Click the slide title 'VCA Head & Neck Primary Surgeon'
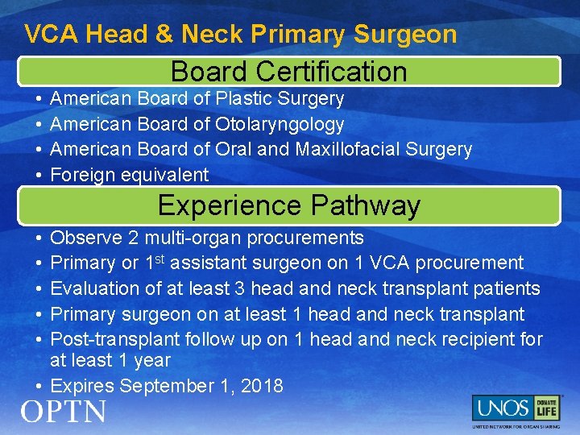click(x=241, y=34)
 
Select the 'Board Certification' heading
click(x=289, y=72)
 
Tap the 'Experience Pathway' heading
click(x=289, y=205)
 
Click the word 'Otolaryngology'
click(x=280, y=124)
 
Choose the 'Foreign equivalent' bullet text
click(x=130, y=174)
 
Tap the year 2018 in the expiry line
click(x=262, y=386)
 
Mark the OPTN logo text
click(x=64, y=412)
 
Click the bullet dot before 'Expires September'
click(x=39, y=386)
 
